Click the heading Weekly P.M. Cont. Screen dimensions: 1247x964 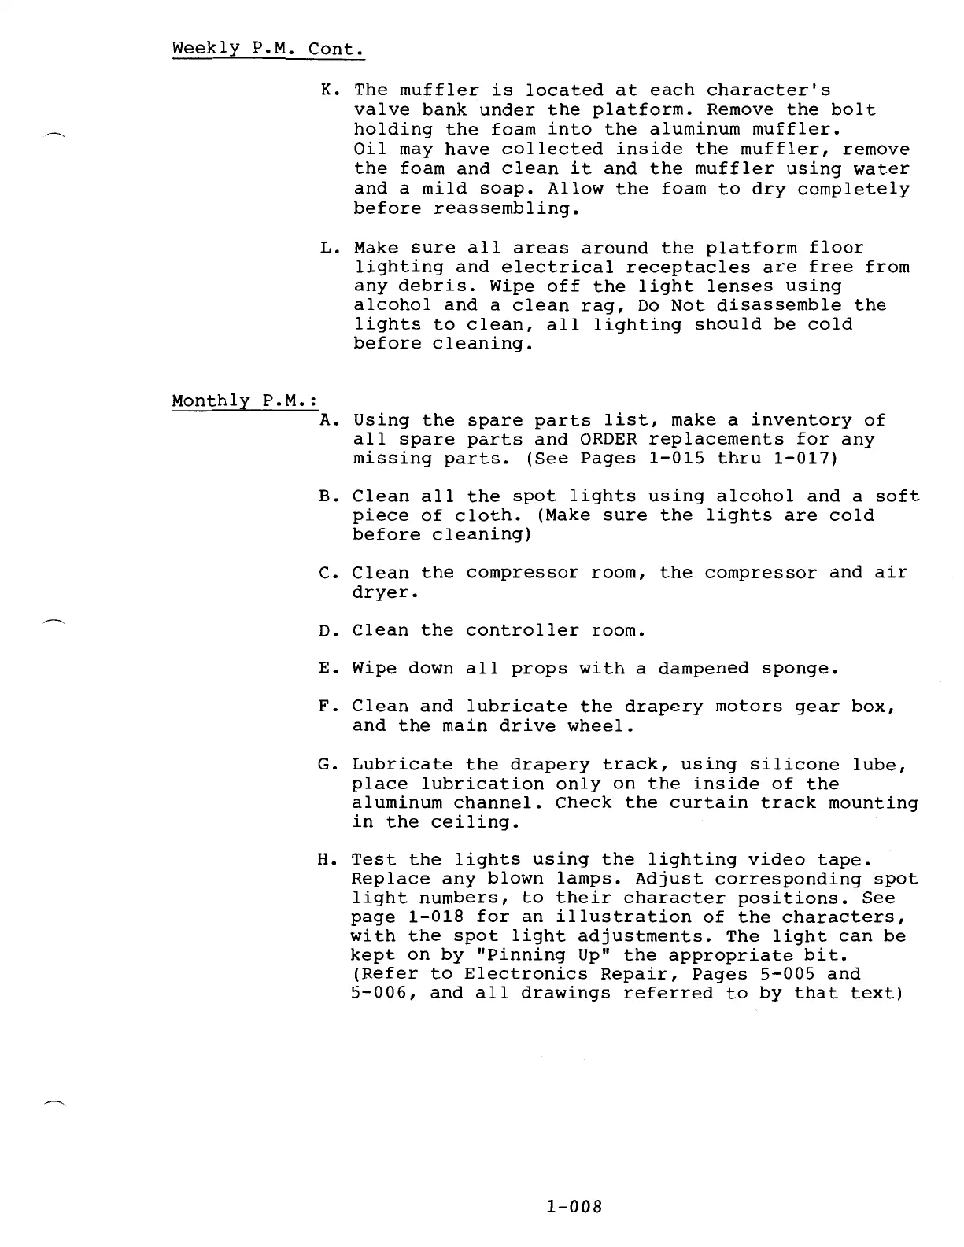pyautogui.click(x=268, y=48)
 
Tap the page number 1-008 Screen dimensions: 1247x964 pyautogui.click(x=573, y=1206)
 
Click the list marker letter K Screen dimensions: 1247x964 pyautogui.click(x=328, y=91)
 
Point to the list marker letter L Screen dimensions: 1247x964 pyautogui.click(x=328, y=249)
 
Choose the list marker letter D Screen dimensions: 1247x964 pyautogui.click(x=327, y=631)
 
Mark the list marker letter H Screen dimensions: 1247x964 pyautogui.click(x=327, y=860)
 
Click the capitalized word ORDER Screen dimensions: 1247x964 pyautogui.click(x=608, y=440)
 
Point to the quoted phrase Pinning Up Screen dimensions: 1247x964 pyautogui.click(x=523, y=956)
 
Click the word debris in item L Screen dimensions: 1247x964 pyautogui.click(x=427, y=287)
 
